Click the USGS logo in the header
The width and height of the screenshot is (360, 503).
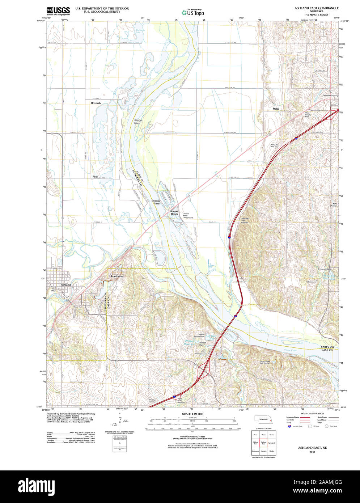(x=58, y=11)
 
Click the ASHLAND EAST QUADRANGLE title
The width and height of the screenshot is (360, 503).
(x=316, y=8)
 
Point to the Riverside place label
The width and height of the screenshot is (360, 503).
(x=96, y=103)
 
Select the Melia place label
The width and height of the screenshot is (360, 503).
(x=276, y=109)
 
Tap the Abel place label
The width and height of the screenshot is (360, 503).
(x=95, y=177)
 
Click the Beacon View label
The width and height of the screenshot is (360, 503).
(x=156, y=202)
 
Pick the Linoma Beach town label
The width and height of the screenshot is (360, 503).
(x=174, y=213)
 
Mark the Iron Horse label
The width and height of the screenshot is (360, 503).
(x=117, y=276)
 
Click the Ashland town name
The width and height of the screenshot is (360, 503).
(x=66, y=285)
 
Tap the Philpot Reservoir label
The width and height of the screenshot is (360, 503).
(x=189, y=342)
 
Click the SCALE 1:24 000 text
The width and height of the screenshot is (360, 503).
(x=192, y=414)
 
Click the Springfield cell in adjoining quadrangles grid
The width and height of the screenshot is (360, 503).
(x=272, y=443)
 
